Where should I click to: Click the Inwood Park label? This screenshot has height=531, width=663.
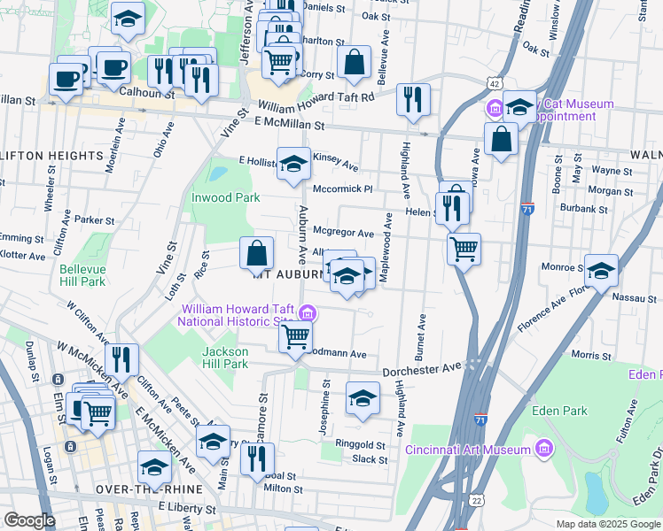click(x=225, y=197)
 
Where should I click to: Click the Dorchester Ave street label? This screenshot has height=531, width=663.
click(x=423, y=367)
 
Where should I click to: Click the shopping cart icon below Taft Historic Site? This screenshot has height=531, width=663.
click(x=295, y=337)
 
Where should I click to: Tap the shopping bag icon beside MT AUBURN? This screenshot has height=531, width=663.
click(x=256, y=254)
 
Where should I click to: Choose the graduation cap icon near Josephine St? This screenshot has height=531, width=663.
click(x=363, y=400)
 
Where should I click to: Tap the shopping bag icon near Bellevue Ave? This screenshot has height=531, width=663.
click(x=354, y=63)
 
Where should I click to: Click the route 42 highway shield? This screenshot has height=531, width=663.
click(x=493, y=82)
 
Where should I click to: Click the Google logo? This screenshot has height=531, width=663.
click(x=29, y=520)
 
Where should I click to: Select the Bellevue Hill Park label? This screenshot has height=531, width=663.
click(x=82, y=275)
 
